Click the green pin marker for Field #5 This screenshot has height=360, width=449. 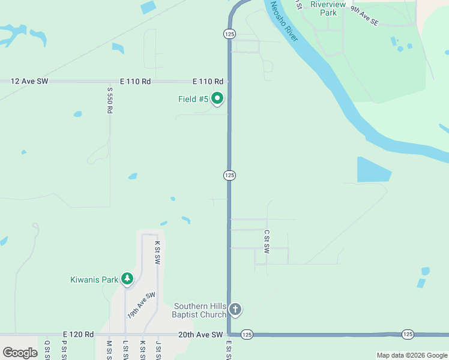(x=217, y=98)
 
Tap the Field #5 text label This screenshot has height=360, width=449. (x=193, y=99)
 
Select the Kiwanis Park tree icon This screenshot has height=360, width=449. (x=127, y=278)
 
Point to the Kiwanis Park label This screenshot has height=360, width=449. (x=94, y=280)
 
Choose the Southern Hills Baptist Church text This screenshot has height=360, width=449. (x=199, y=310)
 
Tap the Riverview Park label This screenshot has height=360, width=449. (x=328, y=8)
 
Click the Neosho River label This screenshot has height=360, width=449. (x=284, y=22)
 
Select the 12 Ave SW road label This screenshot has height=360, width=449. (x=29, y=81)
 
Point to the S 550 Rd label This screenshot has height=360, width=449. (x=110, y=100)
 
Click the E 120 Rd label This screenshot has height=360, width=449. (x=78, y=334)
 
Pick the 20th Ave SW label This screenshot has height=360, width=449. (x=200, y=334)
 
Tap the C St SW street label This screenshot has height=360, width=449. (x=267, y=243)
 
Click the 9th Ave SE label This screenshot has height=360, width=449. (x=365, y=16)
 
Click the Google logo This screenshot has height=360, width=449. (x=20, y=352)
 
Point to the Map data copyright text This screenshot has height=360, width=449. (x=412, y=355)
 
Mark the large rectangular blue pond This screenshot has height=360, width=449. (x=373, y=169)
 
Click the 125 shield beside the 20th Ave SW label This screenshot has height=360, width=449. (x=247, y=334)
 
